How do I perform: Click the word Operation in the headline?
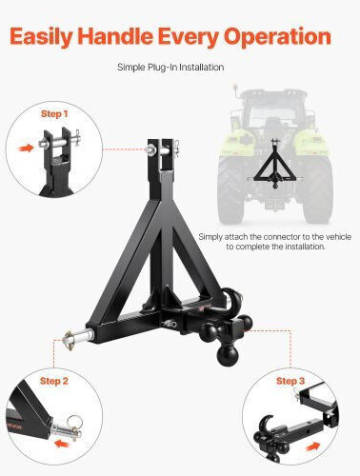coord(277,37)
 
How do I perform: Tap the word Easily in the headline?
coord(41,37)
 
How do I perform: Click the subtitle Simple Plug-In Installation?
coord(170,68)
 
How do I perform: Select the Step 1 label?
coord(54,114)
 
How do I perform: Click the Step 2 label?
coord(54,381)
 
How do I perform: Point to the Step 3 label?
coord(290,381)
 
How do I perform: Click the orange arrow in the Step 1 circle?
coord(26,148)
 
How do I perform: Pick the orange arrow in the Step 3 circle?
coord(312,447)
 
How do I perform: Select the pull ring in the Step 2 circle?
coord(75,422)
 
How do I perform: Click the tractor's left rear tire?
coord(230,189)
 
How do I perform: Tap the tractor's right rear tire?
coord(317,189)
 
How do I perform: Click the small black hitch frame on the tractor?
coord(274,164)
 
